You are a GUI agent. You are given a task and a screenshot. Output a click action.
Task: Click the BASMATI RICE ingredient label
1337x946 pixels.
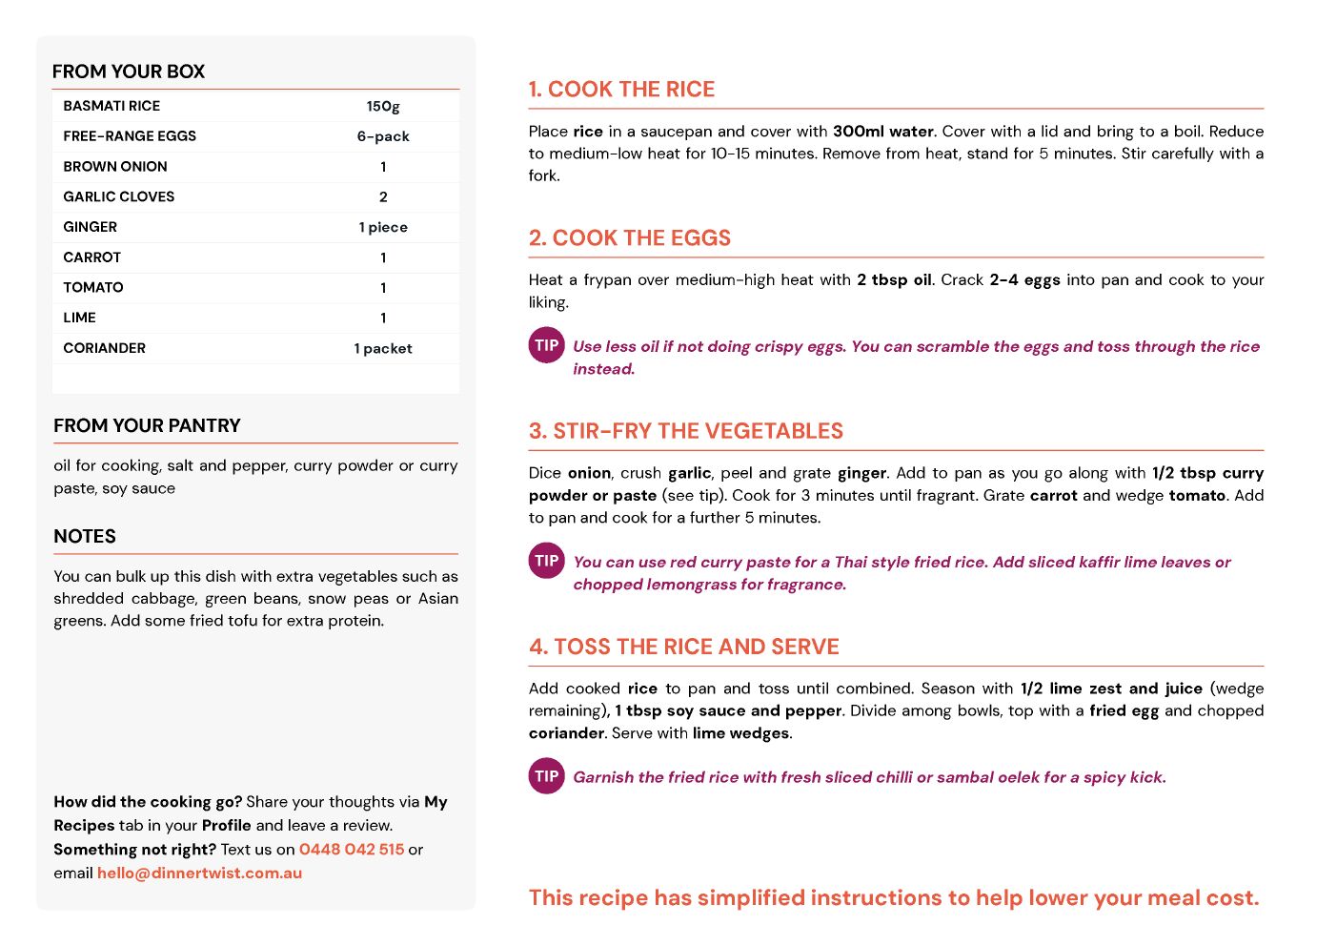[x=111, y=106]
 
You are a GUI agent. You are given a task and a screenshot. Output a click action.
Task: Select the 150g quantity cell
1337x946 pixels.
[x=383, y=106]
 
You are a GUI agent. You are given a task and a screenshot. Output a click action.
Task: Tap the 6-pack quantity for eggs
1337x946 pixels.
[x=383, y=136]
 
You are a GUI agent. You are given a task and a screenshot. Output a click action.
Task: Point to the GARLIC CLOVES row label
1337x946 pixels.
[x=119, y=196]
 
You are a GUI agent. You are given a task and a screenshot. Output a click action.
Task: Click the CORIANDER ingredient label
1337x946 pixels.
[x=105, y=348]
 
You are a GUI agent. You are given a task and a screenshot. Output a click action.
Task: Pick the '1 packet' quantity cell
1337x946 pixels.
[x=383, y=348]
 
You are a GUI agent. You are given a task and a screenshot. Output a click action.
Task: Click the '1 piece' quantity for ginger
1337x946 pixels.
[x=383, y=227]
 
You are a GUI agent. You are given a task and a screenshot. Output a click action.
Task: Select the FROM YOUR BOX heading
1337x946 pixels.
[x=129, y=72]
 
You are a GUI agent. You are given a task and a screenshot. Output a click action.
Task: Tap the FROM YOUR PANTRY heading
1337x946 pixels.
[x=147, y=425]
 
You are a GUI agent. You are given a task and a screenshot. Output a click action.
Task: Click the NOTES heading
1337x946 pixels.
[x=85, y=536]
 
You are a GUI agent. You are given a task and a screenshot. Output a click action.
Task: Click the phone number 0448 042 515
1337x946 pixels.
[x=352, y=849]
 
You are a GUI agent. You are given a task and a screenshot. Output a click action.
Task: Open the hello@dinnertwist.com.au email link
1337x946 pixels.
[x=199, y=873]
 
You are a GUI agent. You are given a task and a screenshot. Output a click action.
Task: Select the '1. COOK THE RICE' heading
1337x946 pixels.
[x=621, y=90]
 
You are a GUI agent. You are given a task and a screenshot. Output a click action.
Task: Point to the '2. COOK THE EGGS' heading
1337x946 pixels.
[x=630, y=238]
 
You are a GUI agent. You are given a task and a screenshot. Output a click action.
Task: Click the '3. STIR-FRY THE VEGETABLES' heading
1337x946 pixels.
[x=686, y=431]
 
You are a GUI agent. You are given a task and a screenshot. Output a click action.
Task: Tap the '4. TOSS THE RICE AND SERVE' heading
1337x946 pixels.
[x=684, y=647]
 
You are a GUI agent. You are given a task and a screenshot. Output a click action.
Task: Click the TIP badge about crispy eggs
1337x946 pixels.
[x=547, y=345]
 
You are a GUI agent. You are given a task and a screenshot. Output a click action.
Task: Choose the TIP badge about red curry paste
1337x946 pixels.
[x=547, y=561]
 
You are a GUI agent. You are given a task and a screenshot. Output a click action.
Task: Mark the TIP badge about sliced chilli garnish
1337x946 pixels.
[x=547, y=776]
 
